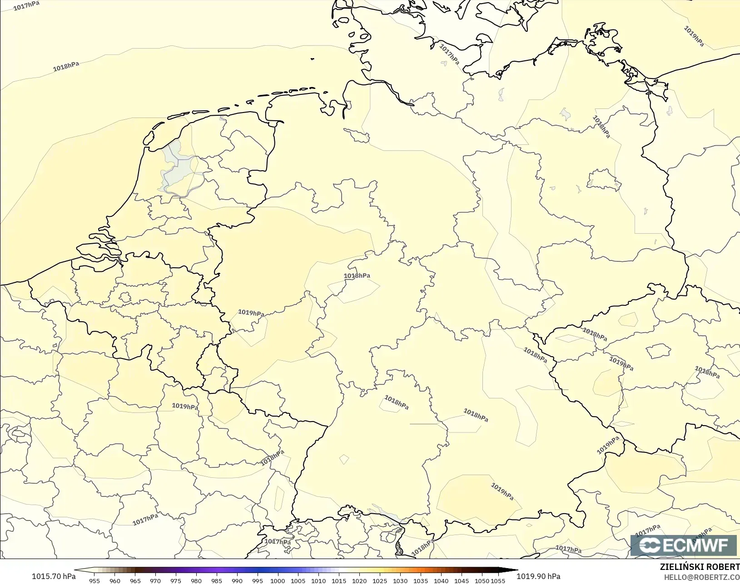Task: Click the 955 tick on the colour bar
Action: click(94, 580)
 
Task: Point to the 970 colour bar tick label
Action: click(155, 580)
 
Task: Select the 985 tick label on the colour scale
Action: click(216, 580)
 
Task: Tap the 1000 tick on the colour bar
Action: click(278, 580)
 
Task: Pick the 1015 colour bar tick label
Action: click(339, 580)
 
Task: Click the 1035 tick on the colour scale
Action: click(420, 580)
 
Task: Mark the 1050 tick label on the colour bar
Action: click(482, 580)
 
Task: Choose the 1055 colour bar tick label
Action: click(498, 580)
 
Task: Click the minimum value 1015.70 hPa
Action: click(54, 576)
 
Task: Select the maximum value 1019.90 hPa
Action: click(538, 576)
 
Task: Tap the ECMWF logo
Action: click(683, 545)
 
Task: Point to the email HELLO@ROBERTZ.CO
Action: click(702, 577)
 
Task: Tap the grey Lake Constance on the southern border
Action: click(386, 514)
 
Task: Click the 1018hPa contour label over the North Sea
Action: click(66, 67)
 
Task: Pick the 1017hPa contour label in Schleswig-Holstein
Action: click(449, 54)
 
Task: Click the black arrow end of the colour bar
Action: click(511, 570)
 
